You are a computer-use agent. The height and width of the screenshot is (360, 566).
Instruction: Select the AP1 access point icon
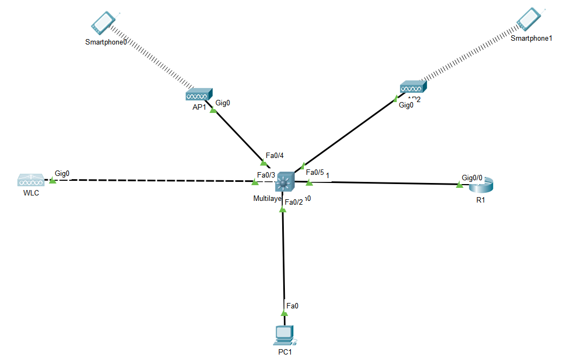coord(199,95)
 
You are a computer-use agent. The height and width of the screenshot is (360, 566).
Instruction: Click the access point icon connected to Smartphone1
coord(414,87)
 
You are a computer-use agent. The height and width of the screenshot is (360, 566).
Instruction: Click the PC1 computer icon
coord(285,335)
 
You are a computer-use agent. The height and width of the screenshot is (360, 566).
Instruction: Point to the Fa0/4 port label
coord(275,155)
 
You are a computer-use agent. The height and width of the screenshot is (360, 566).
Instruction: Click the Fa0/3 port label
coord(266,175)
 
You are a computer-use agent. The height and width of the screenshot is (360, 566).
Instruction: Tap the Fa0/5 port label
coord(315,172)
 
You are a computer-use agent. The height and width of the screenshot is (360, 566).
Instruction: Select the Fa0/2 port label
coord(294,203)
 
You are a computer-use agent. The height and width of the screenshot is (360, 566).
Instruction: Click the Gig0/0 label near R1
coord(472,178)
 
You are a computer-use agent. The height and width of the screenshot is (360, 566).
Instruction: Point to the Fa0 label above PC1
coord(292,306)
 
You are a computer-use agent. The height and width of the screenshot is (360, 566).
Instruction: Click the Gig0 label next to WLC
coord(62,173)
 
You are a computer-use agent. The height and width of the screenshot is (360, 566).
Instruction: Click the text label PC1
coord(285,352)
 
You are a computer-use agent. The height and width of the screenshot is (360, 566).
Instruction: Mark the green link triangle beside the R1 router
coord(460,185)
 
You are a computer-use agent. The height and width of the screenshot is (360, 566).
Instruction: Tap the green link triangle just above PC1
coord(284,313)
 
